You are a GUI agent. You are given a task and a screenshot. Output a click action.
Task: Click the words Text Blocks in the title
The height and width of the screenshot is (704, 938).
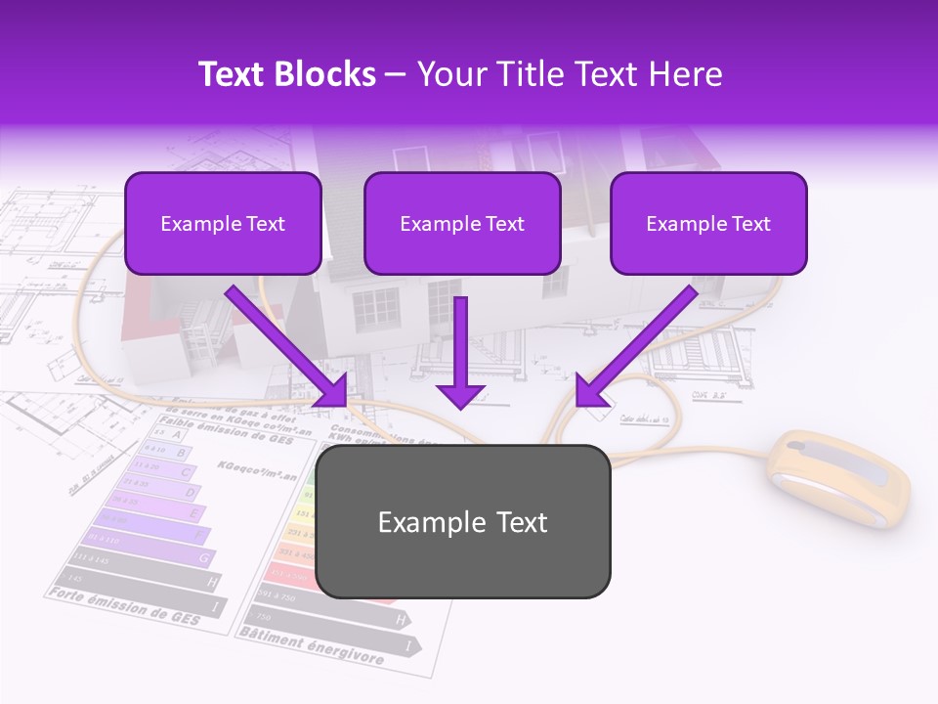pos(287,74)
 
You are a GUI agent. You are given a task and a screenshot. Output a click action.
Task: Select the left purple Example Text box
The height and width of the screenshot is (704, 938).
pos(223,224)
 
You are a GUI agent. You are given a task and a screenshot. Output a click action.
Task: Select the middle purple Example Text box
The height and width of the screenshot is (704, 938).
pos(462,224)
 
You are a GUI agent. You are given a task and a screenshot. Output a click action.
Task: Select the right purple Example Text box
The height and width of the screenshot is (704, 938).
pos(708,224)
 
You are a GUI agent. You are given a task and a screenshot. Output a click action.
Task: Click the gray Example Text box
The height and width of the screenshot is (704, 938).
pos(462,522)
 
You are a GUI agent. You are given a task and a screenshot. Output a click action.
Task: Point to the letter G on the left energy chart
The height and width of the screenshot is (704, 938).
pos(204,558)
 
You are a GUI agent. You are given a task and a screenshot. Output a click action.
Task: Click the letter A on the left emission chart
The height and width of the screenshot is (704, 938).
pos(176,434)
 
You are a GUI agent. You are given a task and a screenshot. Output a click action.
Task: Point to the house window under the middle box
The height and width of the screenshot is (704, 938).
pos(376,309)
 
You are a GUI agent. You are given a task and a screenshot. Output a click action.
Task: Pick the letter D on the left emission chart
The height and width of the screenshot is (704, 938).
pos(189,493)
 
